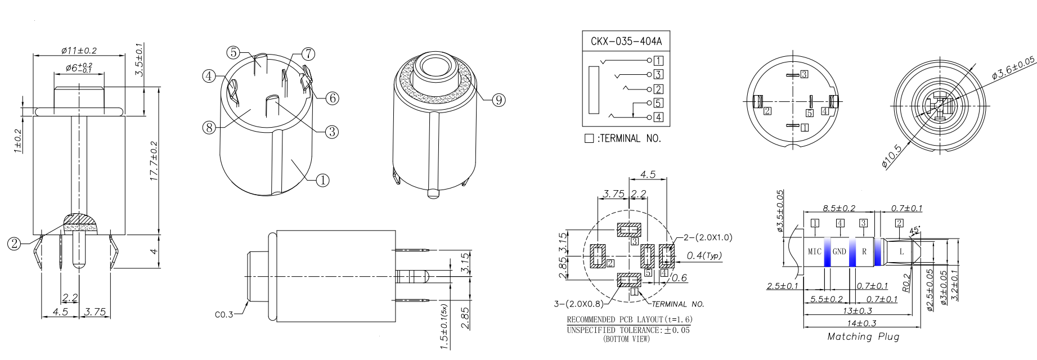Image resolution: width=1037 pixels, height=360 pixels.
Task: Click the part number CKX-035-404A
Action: click(x=626, y=41)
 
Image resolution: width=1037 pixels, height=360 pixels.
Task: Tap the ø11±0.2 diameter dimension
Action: click(x=79, y=51)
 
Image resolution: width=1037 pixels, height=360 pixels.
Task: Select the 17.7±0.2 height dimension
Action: click(x=154, y=161)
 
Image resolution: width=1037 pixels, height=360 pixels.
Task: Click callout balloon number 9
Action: click(x=499, y=100)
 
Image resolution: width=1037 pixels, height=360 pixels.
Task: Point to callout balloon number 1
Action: click(x=322, y=181)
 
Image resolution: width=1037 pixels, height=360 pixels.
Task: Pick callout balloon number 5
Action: click(x=234, y=52)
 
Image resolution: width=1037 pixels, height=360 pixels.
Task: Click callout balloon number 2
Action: click(x=14, y=244)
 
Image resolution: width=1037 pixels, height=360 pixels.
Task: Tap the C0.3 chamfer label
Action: click(x=224, y=314)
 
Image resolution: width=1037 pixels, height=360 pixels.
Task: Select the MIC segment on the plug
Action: click(x=814, y=251)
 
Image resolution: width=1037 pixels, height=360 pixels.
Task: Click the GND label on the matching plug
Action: click(x=839, y=251)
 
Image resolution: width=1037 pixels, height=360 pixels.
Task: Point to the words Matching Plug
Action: click(x=863, y=336)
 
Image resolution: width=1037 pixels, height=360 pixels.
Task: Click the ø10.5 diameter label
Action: click(x=892, y=156)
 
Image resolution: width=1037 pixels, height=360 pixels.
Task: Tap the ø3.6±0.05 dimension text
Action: click(x=1013, y=67)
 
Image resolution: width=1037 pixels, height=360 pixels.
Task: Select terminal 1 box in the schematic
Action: click(x=658, y=61)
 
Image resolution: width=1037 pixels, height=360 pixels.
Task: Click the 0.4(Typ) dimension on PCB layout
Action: click(x=704, y=256)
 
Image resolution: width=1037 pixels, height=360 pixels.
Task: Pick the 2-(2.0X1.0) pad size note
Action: click(x=708, y=237)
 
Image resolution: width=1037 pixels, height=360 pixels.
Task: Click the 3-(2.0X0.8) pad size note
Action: click(x=578, y=304)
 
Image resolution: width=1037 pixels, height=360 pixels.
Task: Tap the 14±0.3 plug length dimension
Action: click(x=861, y=323)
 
